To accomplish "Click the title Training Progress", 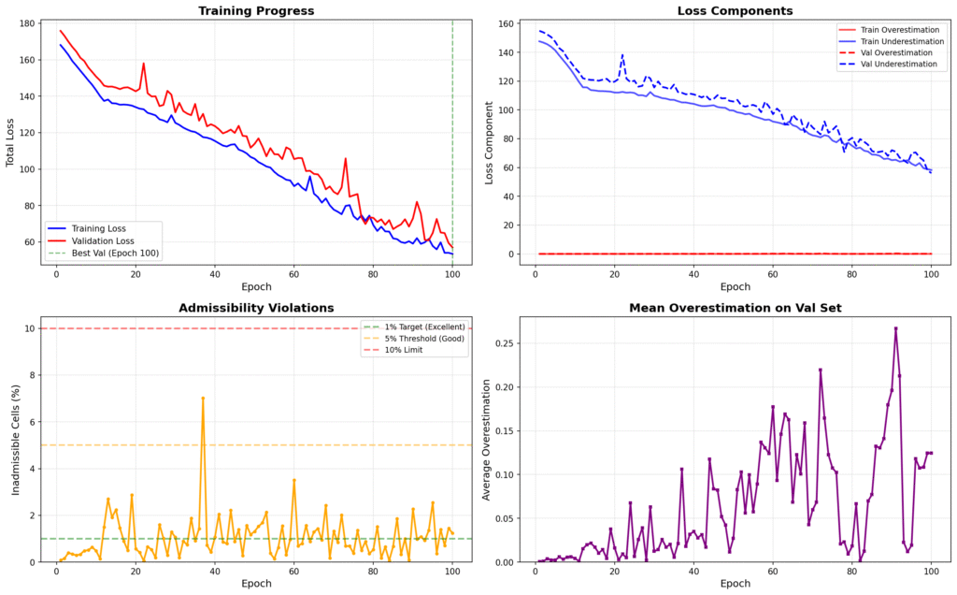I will (255, 11).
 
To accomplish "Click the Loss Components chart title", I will (735, 11).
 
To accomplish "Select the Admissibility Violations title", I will (255, 309).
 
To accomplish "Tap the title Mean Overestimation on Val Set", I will (735, 309).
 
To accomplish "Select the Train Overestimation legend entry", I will (891, 30).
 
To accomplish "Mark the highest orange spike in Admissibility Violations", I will (203, 398).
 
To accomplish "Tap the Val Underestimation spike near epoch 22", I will (622, 54).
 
